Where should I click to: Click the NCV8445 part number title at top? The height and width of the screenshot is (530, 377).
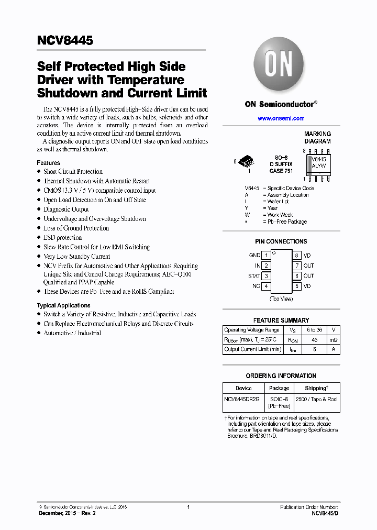click(65, 40)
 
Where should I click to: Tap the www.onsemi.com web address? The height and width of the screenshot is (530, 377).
click(281, 118)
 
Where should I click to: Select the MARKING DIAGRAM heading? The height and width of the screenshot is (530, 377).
click(317, 138)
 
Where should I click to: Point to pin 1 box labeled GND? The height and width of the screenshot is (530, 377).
click(266, 256)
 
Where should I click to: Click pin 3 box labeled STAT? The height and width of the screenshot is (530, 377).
click(266, 276)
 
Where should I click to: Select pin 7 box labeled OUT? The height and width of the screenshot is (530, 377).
click(296, 266)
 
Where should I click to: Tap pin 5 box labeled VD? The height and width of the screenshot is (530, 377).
click(296, 286)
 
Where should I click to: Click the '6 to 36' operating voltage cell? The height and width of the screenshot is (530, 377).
click(314, 330)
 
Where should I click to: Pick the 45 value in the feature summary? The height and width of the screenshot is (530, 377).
click(314, 340)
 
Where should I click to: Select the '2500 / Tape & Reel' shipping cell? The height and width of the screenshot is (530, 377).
click(317, 399)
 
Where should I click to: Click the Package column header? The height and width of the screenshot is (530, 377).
click(279, 389)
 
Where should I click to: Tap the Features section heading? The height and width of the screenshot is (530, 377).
click(48, 163)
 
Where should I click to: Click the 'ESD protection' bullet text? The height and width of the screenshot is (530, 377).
click(62, 238)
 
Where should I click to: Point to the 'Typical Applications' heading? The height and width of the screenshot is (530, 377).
click(63, 305)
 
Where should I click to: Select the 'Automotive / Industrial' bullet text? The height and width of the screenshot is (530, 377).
click(72, 333)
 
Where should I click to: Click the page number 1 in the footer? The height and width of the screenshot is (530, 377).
click(188, 507)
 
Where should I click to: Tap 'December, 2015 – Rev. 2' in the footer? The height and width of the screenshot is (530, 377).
click(68, 514)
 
